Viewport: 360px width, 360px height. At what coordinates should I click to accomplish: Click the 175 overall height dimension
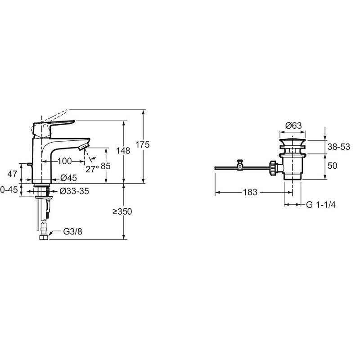pos(142,144)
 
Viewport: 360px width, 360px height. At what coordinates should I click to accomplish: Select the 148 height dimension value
pos(123,151)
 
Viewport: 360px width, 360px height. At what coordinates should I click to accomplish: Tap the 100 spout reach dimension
pos(64,161)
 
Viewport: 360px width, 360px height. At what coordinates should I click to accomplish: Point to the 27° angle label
pos(92,169)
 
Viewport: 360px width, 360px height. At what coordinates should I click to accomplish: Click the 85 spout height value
pos(106,166)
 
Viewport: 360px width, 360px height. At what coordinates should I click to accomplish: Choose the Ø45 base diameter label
pos(69,178)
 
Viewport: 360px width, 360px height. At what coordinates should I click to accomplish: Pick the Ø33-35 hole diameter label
pos(74,191)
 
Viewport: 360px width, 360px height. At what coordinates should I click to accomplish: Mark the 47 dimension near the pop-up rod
pos(12,174)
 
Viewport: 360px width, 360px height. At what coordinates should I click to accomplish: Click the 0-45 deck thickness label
pos(9,190)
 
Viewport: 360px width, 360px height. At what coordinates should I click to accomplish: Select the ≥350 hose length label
pos(122,211)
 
